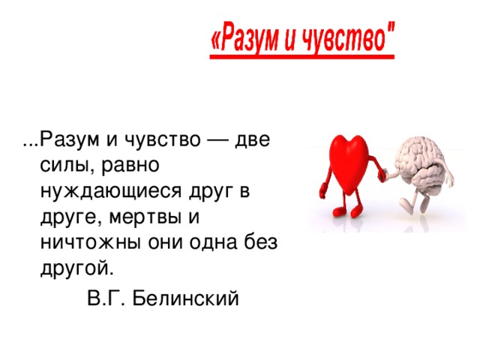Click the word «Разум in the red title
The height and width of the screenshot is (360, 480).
click(x=244, y=39)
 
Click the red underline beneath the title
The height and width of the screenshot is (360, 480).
click(x=301, y=57)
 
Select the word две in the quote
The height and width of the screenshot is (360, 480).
click(x=253, y=139)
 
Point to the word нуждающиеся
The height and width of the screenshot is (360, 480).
click(x=111, y=192)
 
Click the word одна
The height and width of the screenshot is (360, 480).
click(x=213, y=243)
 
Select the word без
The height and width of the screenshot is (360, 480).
click(x=261, y=241)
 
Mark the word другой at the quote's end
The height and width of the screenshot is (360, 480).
click(x=76, y=269)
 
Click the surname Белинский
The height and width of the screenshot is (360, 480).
click(x=185, y=298)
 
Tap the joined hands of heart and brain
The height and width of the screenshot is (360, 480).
click(x=383, y=175)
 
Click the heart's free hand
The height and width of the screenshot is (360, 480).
click(x=322, y=191)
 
